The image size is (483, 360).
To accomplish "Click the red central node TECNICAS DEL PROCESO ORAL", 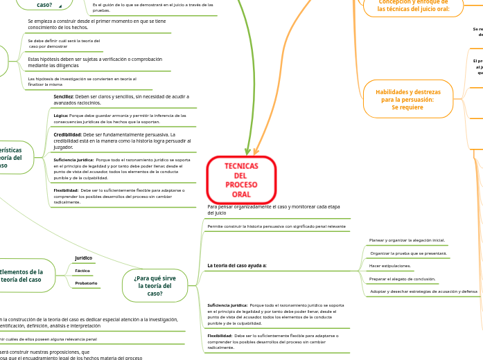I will click(x=241, y=180).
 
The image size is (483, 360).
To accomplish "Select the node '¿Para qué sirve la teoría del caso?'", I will click(x=155, y=284).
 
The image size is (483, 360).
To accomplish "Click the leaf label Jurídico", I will click(x=83, y=258).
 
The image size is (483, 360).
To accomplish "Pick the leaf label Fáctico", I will click(x=82, y=270).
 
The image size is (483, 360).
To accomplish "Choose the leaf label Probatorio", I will click(x=86, y=282).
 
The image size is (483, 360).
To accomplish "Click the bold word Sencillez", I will click(x=63, y=96).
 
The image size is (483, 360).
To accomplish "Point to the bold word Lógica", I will click(x=61, y=116).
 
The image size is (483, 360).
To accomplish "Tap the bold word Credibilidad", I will click(x=67, y=134).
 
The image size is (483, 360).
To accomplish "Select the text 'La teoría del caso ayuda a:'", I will click(x=237, y=265).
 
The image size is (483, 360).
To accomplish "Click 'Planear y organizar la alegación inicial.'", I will click(x=407, y=240).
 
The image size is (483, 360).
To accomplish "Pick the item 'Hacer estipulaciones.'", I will click(x=390, y=266).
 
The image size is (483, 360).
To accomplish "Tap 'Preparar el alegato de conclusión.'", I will click(x=402, y=278).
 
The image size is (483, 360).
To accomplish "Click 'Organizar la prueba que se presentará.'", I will click(x=409, y=253).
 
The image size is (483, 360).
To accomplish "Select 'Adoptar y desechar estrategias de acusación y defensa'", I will click(x=423, y=291).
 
